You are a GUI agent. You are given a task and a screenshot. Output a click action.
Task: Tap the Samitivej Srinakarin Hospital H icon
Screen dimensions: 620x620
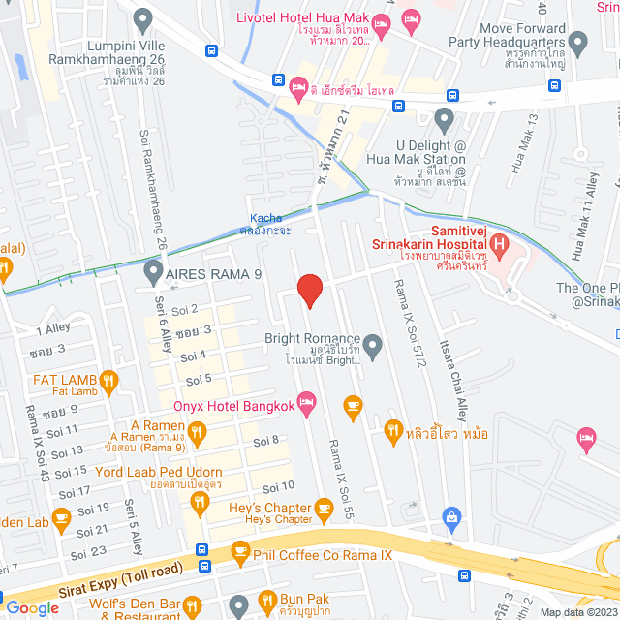click(x=500, y=243)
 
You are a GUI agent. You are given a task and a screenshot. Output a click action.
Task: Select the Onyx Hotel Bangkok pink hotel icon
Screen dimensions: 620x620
click(x=307, y=401)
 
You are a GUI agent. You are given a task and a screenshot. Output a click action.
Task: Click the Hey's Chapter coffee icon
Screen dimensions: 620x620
click(x=325, y=508)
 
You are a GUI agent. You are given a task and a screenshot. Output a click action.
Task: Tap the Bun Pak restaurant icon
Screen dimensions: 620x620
click(x=263, y=602)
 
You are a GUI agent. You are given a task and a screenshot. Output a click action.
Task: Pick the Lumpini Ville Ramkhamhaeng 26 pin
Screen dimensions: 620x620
click(x=144, y=17)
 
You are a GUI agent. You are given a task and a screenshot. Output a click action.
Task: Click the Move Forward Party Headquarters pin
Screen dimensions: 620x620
click(x=578, y=43)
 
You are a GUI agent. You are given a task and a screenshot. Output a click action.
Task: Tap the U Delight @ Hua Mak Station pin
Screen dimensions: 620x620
click(x=445, y=121)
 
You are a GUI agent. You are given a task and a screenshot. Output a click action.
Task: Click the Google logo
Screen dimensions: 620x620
click(x=32, y=607)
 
